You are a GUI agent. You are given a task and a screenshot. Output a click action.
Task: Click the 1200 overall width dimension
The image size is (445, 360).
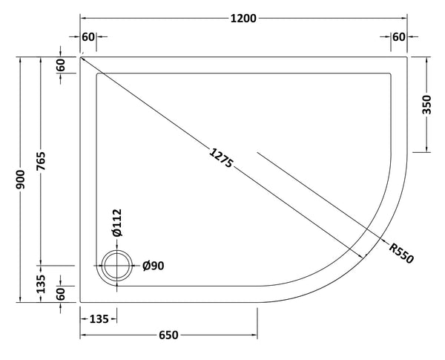pos(244,19)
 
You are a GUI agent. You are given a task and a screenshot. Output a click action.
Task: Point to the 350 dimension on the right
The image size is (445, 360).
pos(426,104)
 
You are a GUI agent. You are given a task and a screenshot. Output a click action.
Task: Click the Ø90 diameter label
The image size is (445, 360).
pos(152,266)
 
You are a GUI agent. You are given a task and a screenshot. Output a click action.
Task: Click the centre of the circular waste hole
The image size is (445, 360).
pos(116,266)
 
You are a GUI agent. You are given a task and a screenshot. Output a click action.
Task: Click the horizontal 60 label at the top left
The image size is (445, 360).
pos(88,37)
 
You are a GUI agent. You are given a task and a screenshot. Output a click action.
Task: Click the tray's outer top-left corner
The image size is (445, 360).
pos(80,56)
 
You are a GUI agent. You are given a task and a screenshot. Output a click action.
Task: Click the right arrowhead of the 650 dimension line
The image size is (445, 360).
pos(255,336)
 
